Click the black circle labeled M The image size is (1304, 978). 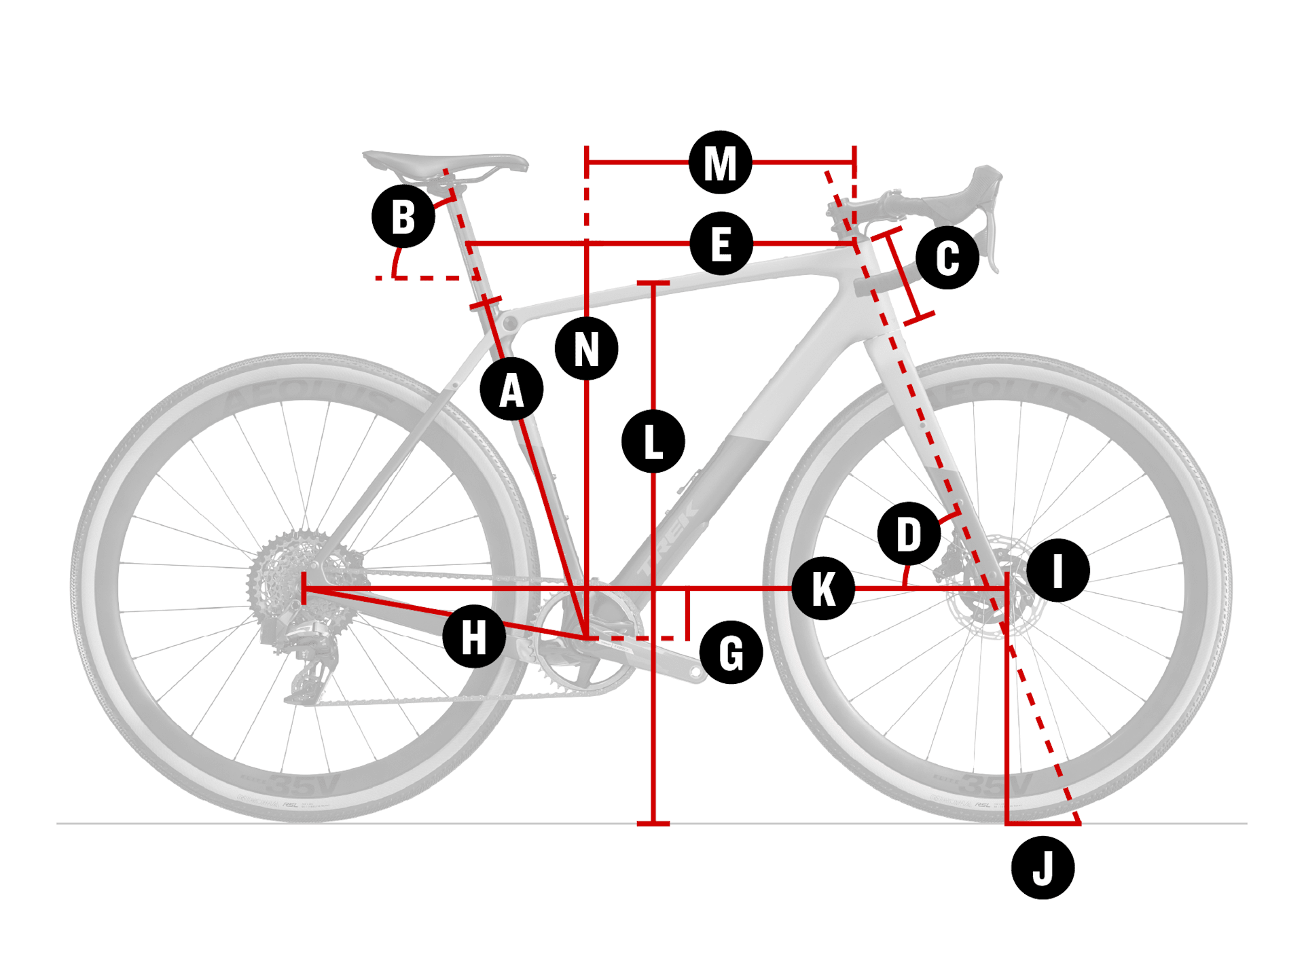[x=720, y=163]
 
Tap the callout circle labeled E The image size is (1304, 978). [x=721, y=244]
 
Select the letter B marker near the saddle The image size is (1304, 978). [x=403, y=217]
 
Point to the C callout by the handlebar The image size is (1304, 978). [x=947, y=258]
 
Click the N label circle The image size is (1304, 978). [x=586, y=349]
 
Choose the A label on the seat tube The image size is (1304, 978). [x=511, y=390]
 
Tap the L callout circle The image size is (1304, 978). [x=653, y=441]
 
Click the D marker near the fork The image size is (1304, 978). [x=909, y=534]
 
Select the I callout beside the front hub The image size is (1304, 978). [x=1057, y=570]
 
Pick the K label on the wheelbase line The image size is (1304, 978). [x=823, y=588]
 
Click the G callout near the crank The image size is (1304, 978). [x=731, y=653]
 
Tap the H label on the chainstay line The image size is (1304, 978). [x=473, y=637]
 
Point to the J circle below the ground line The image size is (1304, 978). [x=1043, y=868]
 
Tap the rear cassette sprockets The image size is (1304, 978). [x=285, y=577]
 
